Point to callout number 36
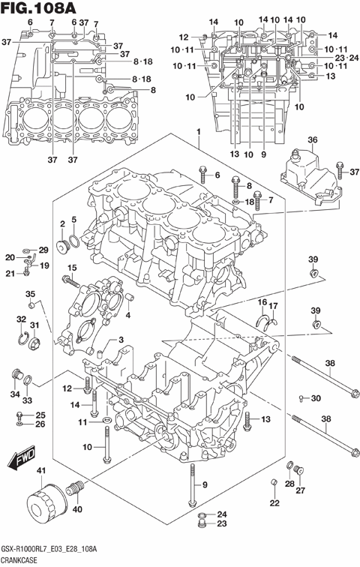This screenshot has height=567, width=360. pyautogui.click(x=312, y=139)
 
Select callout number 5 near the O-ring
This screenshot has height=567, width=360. pyautogui.click(x=73, y=220)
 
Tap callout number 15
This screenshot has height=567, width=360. pyautogui.click(x=72, y=268)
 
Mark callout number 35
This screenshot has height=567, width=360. pyautogui.click(x=31, y=293)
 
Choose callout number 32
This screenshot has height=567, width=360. pyautogui.click(x=21, y=319)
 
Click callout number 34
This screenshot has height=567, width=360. pyautogui.click(x=13, y=394)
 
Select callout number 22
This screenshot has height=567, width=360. pyautogui.click(x=274, y=502)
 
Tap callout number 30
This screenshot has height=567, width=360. pyautogui.click(x=316, y=397)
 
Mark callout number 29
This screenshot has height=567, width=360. pyautogui.click(x=43, y=250)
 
